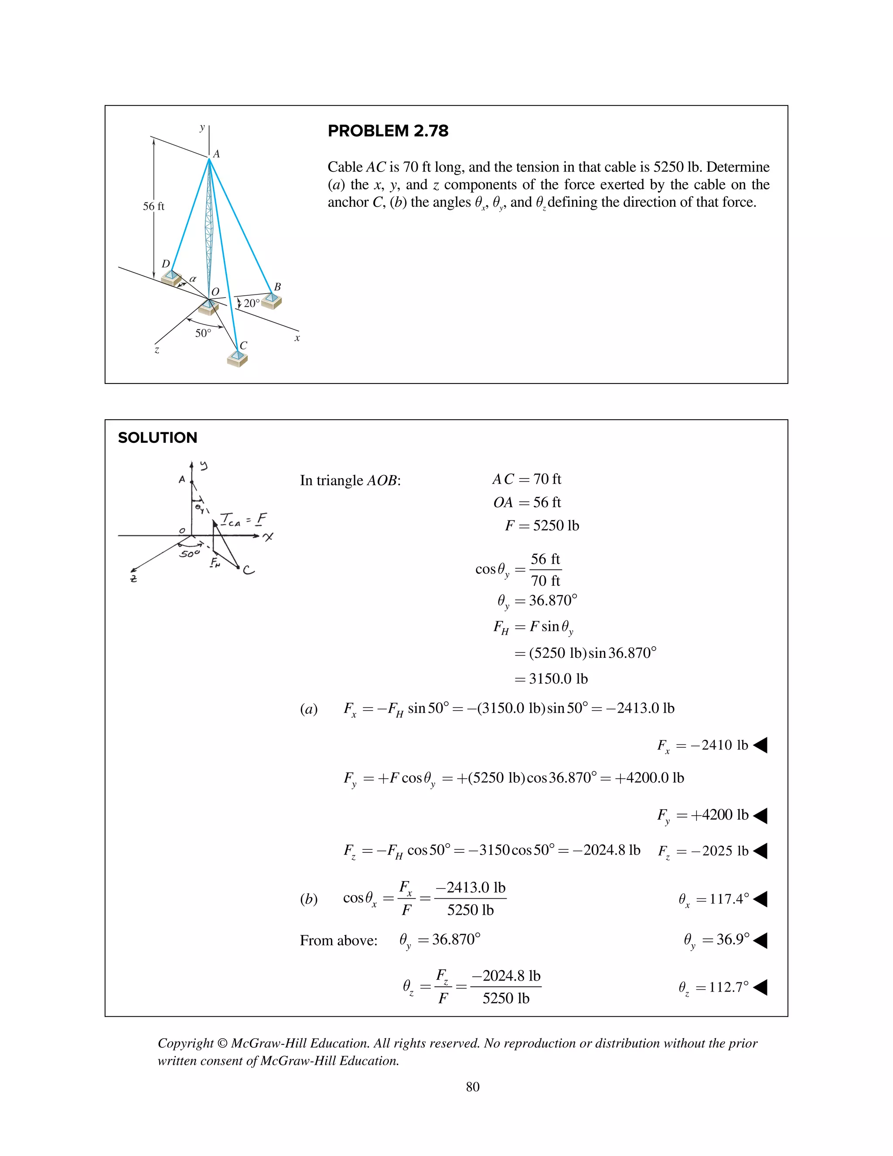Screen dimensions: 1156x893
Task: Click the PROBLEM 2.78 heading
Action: click(388, 131)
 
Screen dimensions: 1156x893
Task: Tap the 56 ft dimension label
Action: click(153, 206)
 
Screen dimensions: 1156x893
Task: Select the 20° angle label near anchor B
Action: click(251, 303)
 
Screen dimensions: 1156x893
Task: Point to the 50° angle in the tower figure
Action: click(203, 333)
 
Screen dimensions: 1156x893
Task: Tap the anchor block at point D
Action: click(171, 277)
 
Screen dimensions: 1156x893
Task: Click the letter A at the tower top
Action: click(216, 154)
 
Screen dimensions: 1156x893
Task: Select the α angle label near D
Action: click(193, 278)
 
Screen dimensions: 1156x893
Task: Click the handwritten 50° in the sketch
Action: click(189, 554)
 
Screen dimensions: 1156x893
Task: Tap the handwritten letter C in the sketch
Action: click(248, 570)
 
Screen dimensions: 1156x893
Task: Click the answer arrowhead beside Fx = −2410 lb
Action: click(760, 745)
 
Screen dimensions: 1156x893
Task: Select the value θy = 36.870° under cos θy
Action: click(536, 601)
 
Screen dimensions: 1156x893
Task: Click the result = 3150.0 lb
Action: click(551, 679)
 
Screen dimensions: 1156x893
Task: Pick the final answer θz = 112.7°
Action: click(714, 987)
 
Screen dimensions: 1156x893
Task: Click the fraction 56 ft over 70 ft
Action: click(545, 570)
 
